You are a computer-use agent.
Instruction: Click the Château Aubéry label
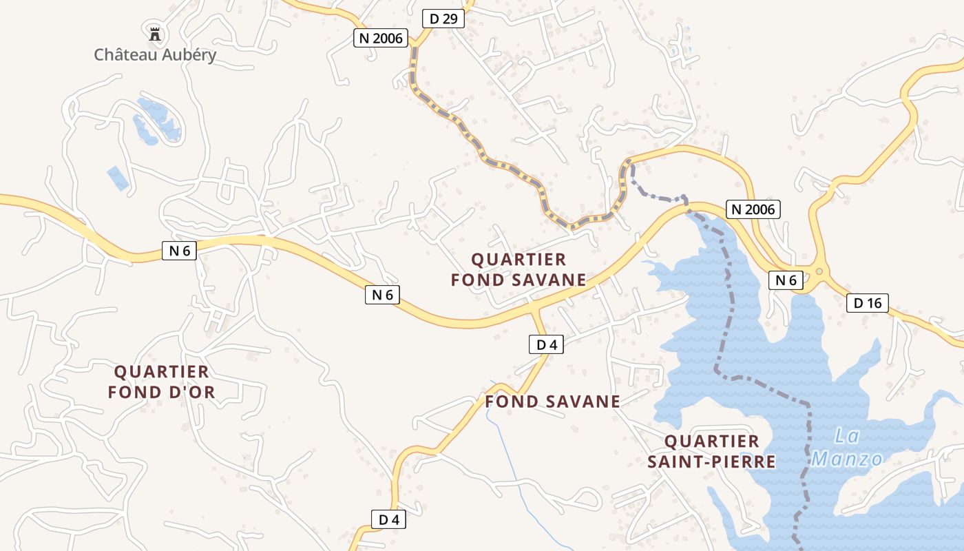(x=155, y=55)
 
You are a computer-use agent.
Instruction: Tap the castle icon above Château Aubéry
(x=155, y=32)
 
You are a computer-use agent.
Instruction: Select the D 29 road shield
(x=443, y=19)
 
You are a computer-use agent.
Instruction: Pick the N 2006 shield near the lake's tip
(x=753, y=209)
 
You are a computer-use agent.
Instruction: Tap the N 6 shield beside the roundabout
(x=786, y=280)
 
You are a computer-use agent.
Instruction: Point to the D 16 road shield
(x=868, y=302)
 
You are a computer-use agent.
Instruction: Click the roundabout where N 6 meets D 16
(x=819, y=271)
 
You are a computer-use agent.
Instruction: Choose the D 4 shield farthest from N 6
(x=388, y=519)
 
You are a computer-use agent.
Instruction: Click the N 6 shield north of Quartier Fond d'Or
(x=179, y=251)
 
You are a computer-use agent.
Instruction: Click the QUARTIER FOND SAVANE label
(x=518, y=269)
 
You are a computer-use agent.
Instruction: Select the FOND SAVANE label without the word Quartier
(x=553, y=401)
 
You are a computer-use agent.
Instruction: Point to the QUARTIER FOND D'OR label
(x=162, y=382)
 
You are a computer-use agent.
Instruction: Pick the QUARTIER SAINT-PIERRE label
(x=711, y=451)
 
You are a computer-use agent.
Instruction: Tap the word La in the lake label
(x=847, y=436)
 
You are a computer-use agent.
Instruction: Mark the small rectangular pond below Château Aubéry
(x=117, y=178)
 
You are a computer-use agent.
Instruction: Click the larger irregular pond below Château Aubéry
(x=158, y=121)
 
